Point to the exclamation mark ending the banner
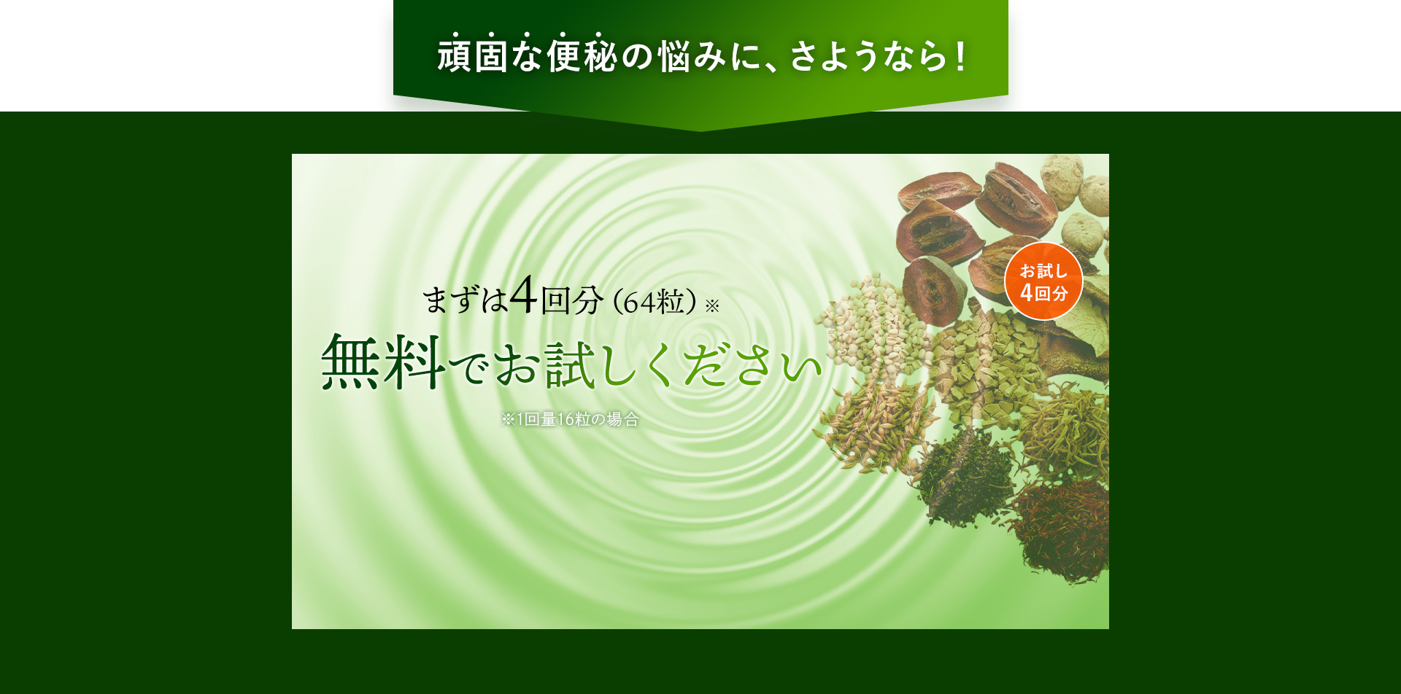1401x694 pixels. point(961,56)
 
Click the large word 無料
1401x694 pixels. point(383,361)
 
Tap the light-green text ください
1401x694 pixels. point(736,364)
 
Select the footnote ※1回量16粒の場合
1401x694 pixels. point(570,419)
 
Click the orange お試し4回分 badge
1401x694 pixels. point(1043,281)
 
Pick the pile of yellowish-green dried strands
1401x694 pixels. point(1065,434)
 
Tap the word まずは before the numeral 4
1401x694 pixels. point(465,300)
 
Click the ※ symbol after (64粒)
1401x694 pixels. point(712,305)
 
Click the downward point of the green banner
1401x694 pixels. point(700,130)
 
